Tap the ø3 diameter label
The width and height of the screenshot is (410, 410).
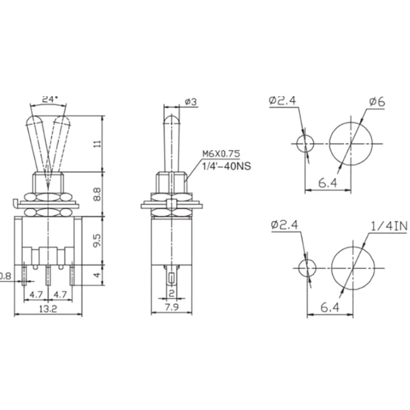pos(191,102)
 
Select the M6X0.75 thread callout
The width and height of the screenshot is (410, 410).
pos(221,153)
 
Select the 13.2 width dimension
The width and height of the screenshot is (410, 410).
pos(49,309)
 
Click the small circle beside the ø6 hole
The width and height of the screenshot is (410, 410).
pos(305,144)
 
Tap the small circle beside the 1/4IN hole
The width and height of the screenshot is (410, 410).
pos(307,268)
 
